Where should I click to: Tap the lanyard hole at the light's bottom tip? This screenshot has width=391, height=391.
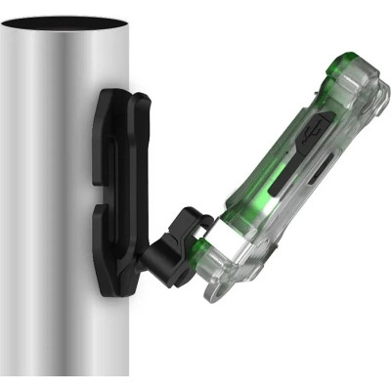pos(224,292)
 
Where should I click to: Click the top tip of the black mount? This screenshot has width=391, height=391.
pos(122,90)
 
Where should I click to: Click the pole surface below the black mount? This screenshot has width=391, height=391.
pos(68,332)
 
